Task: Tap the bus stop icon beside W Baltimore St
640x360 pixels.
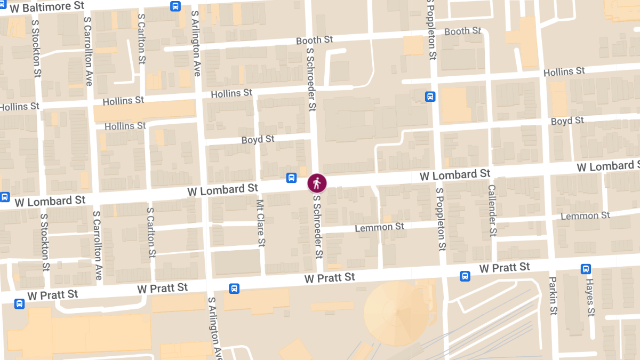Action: (x=175, y=6)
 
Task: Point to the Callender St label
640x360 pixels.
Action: (x=492, y=211)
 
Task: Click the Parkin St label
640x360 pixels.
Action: (x=553, y=296)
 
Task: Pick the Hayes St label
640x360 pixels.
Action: (x=590, y=297)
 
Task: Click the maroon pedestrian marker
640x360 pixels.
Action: (x=317, y=183)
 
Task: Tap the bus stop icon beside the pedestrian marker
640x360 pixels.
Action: (x=292, y=178)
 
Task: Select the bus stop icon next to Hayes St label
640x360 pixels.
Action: (x=586, y=269)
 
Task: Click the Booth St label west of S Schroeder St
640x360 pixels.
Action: (x=315, y=40)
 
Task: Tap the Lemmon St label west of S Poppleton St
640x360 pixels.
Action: (x=380, y=228)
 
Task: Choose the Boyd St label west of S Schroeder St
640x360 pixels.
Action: (x=258, y=140)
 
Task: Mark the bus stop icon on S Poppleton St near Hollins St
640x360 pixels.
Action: (x=430, y=97)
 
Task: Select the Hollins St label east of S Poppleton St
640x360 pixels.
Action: (x=564, y=71)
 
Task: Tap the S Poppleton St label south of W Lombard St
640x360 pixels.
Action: (x=441, y=219)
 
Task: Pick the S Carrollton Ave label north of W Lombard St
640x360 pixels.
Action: (x=89, y=51)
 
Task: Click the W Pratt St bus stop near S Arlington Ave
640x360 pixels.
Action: (x=234, y=289)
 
